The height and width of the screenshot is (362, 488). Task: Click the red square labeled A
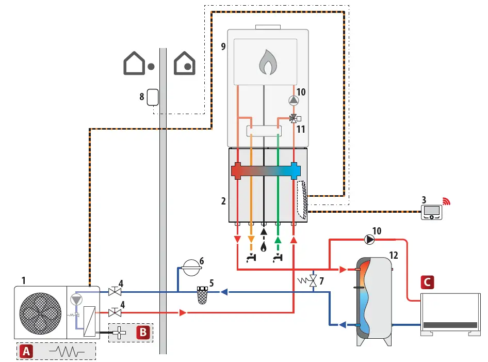26,352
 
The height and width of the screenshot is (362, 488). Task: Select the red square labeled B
143,332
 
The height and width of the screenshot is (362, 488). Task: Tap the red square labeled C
427,282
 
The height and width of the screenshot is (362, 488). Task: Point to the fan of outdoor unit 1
40,314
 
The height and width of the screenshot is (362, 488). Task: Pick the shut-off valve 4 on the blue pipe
115,292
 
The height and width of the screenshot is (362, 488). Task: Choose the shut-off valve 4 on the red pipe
115,313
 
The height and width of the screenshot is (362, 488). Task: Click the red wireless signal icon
447,201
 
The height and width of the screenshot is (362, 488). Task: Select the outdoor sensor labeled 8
153,98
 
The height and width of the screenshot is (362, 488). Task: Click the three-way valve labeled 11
293,118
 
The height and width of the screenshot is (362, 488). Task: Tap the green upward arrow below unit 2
278,240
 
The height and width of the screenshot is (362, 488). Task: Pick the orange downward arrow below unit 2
251,240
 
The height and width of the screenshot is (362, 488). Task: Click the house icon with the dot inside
185,64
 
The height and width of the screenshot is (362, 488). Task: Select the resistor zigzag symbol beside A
67,352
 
